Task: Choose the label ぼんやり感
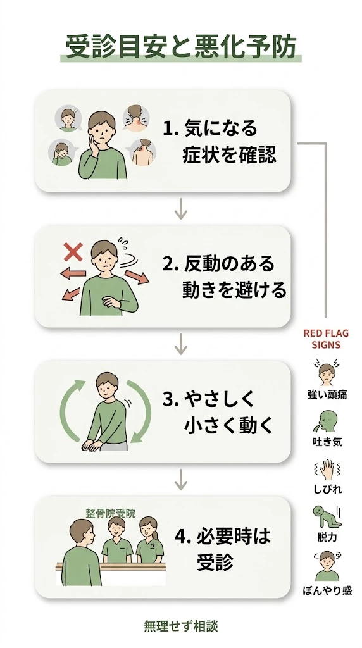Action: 327,591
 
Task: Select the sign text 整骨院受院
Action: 111,514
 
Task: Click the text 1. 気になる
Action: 210,129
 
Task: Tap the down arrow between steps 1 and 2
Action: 181,208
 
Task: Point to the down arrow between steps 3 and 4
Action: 181,479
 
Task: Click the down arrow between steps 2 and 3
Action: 181,344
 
